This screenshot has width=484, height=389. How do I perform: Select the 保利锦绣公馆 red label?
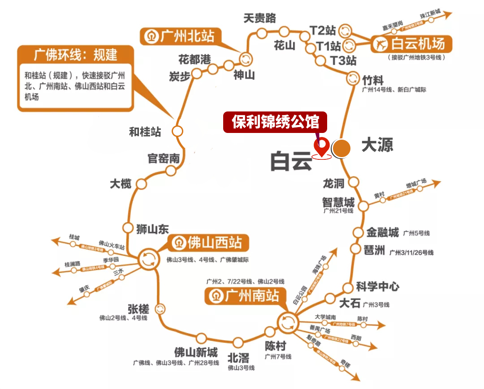(x=275, y=122)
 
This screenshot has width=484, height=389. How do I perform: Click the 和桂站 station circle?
(x=178, y=131)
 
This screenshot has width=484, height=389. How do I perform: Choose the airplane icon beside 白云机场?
(x=381, y=44)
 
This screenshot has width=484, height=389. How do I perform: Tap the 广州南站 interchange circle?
(x=287, y=321)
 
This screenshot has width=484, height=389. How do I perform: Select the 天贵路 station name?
(x=260, y=18)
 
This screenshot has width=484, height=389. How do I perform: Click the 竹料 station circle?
(x=353, y=77)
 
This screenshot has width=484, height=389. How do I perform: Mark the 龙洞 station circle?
(x=354, y=182)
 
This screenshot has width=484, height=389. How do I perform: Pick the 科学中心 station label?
(x=377, y=286)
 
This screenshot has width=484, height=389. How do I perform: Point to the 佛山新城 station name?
(x=196, y=352)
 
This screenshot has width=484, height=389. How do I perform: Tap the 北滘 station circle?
(x=238, y=343)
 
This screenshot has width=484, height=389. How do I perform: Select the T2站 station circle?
(x=346, y=30)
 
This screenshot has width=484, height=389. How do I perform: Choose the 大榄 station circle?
(x=142, y=184)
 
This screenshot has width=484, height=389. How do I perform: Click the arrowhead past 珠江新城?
(x=449, y=15)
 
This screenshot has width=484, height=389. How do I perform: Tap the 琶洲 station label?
(x=376, y=251)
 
